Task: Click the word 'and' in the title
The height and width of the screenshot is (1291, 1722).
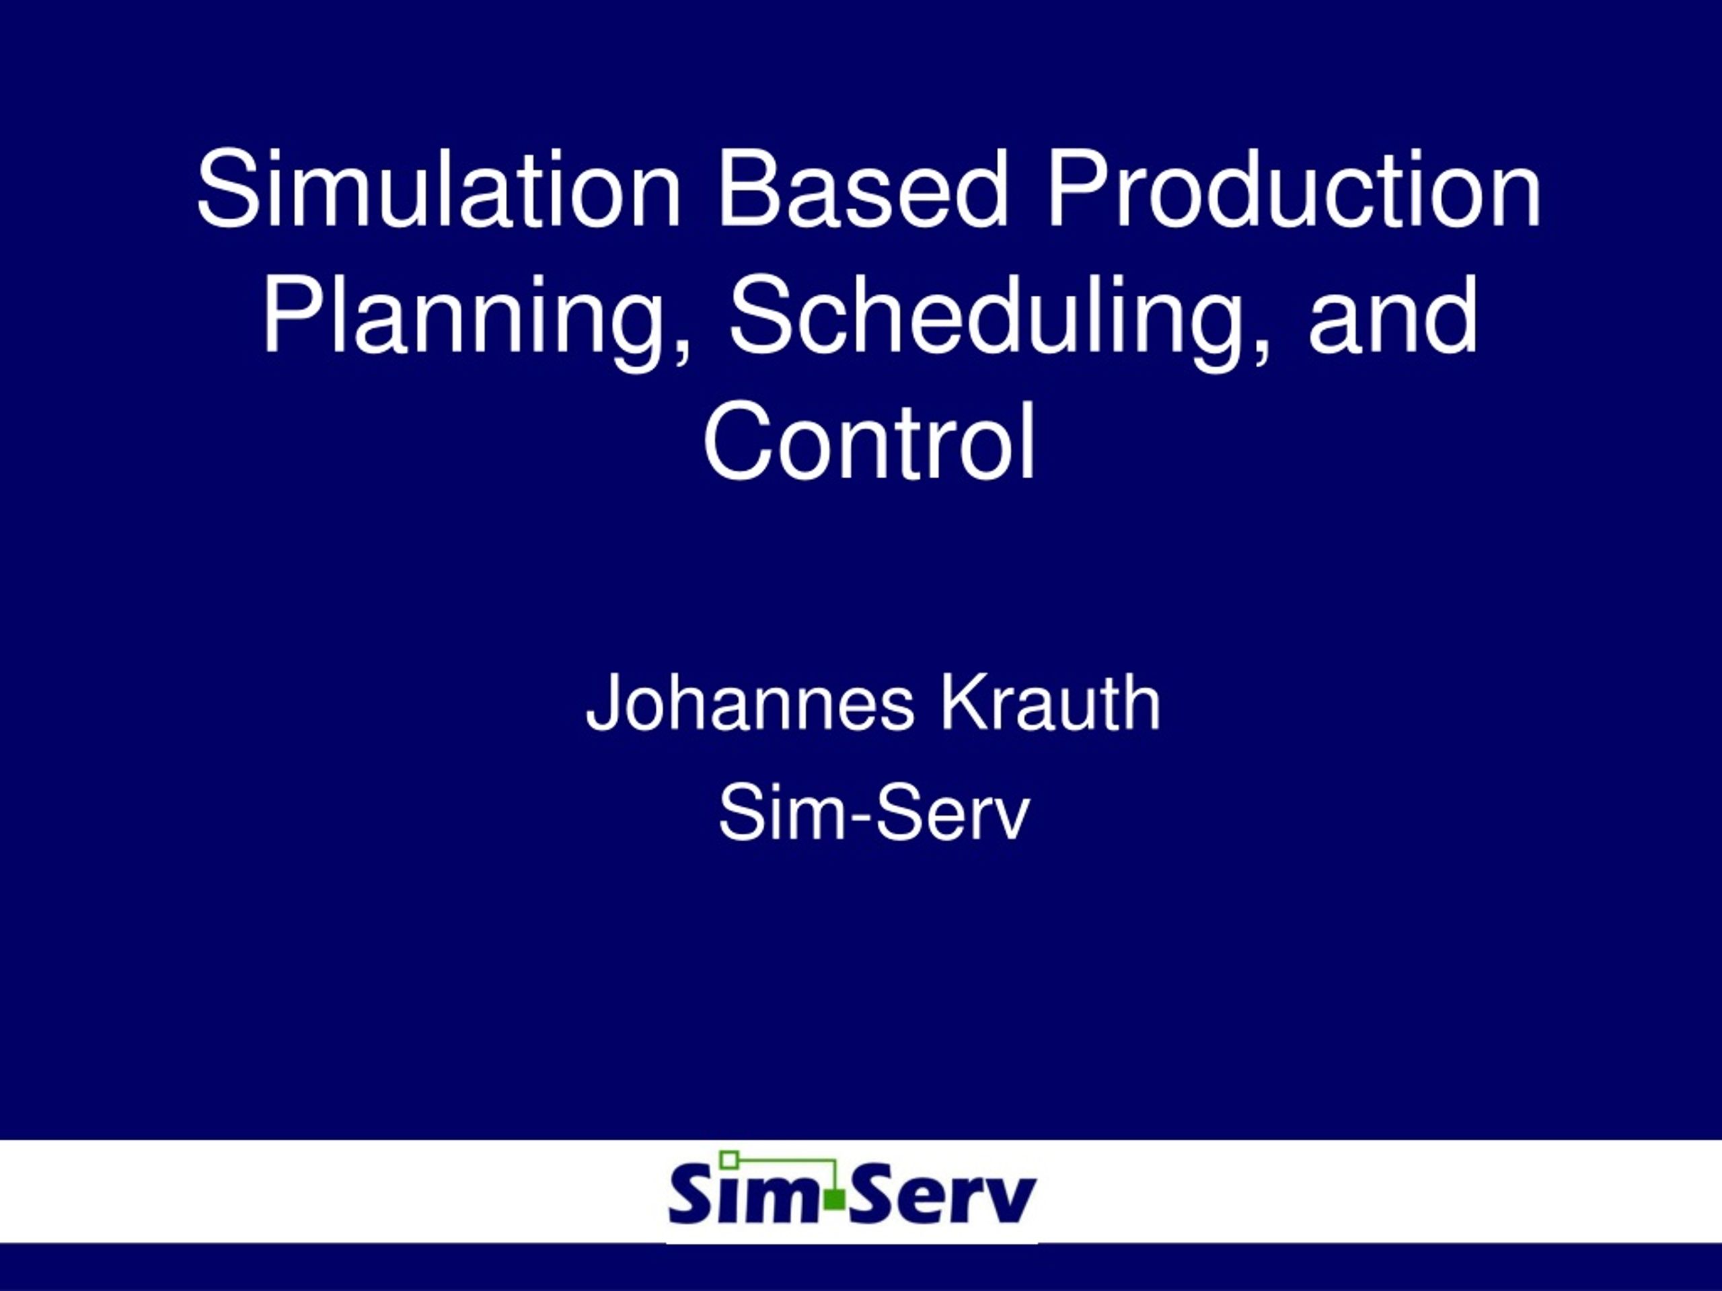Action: (1392, 315)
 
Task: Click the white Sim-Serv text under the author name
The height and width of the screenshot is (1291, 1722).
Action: (874, 813)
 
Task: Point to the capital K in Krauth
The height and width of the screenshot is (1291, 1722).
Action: (966, 703)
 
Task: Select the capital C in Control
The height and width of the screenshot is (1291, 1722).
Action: (738, 441)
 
